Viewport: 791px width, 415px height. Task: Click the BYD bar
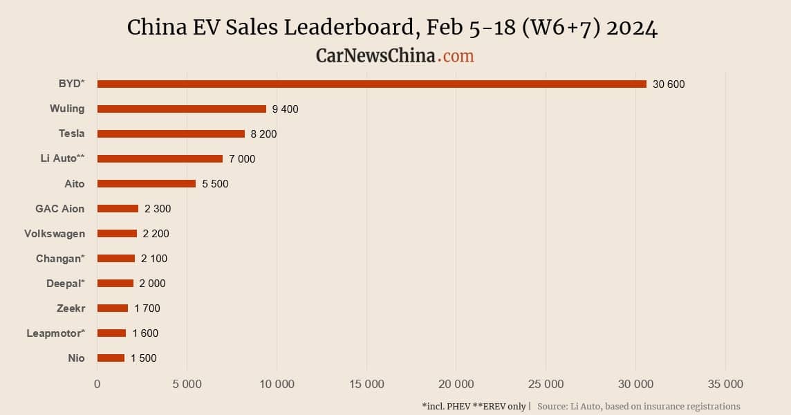[x=371, y=84]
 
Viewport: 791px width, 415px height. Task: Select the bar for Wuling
[x=181, y=109]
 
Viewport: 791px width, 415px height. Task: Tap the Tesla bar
[x=171, y=133]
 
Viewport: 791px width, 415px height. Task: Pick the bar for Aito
[x=146, y=183]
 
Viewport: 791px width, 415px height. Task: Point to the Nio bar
[x=111, y=358]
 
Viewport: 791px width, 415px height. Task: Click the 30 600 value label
[x=668, y=84]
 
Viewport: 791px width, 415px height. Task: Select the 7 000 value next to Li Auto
[x=242, y=159]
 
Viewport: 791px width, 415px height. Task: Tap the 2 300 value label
[x=158, y=209]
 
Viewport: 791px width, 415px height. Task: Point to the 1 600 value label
[x=145, y=333]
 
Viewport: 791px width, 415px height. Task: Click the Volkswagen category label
[x=55, y=234]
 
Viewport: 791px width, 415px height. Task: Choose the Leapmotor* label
[x=55, y=333]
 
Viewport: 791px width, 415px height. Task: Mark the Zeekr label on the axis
[x=71, y=308]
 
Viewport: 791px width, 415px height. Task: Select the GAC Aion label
[x=60, y=209]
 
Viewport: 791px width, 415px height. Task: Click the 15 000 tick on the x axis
[x=366, y=385]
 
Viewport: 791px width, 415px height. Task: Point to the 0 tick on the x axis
[x=97, y=385]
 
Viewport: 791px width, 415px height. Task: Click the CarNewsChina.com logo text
[x=395, y=55]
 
